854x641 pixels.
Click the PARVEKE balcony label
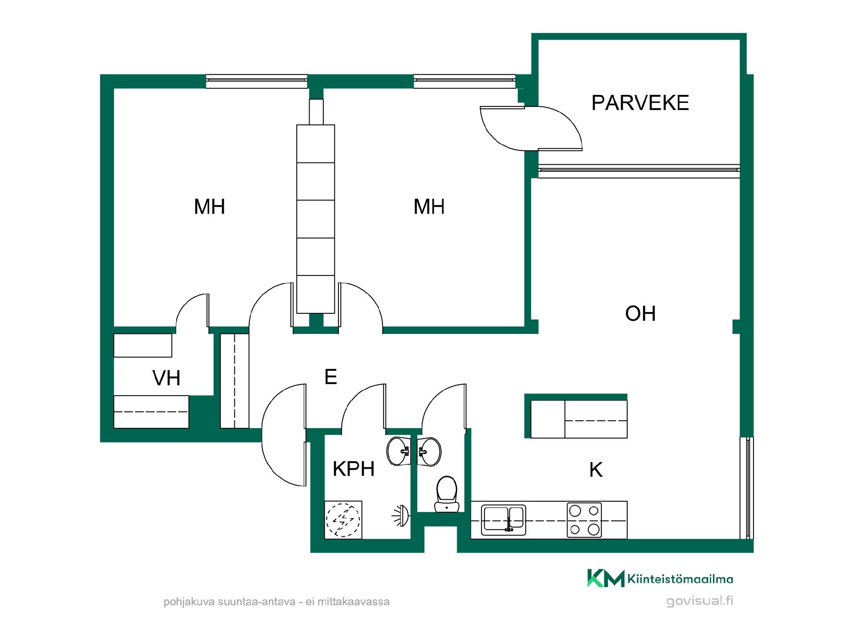(x=640, y=103)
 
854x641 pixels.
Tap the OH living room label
(x=640, y=314)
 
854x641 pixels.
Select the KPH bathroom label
(x=354, y=469)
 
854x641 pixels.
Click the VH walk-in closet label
(x=166, y=378)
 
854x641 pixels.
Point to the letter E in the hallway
(x=330, y=377)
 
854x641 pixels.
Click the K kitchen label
(x=596, y=470)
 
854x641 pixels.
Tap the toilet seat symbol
(x=447, y=494)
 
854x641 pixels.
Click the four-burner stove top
(x=584, y=520)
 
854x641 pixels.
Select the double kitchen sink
(x=504, y=519)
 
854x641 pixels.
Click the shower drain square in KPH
(x=343, y=520)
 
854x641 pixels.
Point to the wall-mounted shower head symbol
(x=401, y=516)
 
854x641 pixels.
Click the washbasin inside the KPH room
(x=399, y=451)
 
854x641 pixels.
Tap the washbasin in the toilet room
(x=429, y=452)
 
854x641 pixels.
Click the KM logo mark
(x=606, y=578)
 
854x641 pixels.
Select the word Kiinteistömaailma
(x=680, y=579)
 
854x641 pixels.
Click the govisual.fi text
(x=700, y=601)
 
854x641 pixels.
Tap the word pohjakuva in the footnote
(x=189, y=602)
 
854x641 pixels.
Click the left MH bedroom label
(x=209, y=207)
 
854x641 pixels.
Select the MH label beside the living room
(x=429, y=207)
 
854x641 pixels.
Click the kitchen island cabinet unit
(x=579, y=419)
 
